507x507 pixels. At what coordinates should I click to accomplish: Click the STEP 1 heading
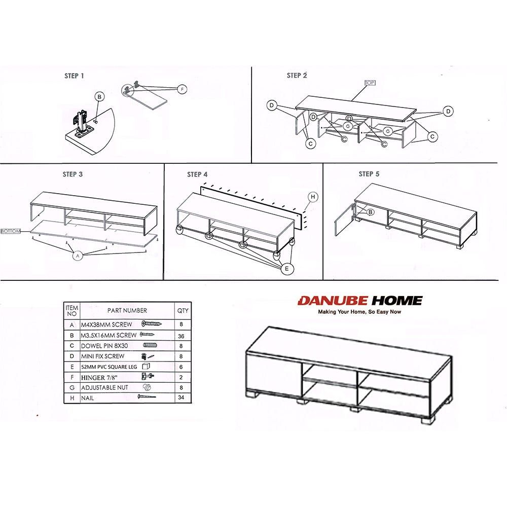(x=74, y=76)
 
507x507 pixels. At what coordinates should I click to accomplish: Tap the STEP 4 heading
(x=197, y=174)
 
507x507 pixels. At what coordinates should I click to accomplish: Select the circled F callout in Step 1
(x=183, y=89)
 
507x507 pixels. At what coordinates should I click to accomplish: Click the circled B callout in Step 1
(x=99, y=97)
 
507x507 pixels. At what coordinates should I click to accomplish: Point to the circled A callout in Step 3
(x=77, y=256)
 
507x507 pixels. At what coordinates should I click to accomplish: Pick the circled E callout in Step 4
(x=287, y=269)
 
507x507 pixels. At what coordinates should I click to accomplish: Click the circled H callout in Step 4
(x=313, y=197)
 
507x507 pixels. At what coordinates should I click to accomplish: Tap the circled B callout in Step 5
(x=371, y=212)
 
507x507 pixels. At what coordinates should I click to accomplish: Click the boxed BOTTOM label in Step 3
(x=11, y=232)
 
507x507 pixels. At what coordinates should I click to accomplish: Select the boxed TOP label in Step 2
(x=370, y=83)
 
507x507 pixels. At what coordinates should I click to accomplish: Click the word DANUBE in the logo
(x=333, y=301)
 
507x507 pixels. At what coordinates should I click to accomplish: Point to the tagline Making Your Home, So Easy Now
(x=359, y=312)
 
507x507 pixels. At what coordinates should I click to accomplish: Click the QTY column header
(x=183, y=310)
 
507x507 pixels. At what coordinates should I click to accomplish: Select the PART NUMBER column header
(x=127, y=310)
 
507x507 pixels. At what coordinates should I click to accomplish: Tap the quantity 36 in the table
(x=181, y=336)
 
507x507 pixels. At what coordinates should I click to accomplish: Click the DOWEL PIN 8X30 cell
(x=104, y=346)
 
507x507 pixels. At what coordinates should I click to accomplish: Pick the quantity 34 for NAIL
(x=181, y=397)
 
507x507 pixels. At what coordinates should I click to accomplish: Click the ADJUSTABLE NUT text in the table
(x=104, y=387)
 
